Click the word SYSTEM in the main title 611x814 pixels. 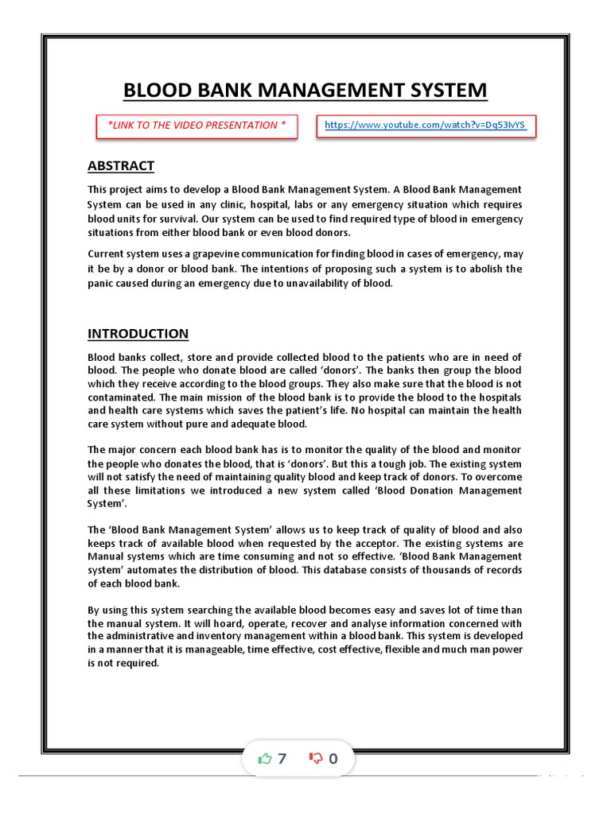tap(442, 91)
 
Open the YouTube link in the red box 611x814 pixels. tap(426, 126)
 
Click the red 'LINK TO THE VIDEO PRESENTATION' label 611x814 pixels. tap(197, 126)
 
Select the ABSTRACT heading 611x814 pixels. tap(120, 166)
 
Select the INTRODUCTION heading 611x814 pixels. tap(138, 334)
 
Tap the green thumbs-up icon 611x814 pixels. tap(265, 758)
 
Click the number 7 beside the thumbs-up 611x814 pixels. tap(282, 758)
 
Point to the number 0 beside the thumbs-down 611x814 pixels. tap(333, 758)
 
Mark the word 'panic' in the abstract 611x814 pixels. tap(101, 283)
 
